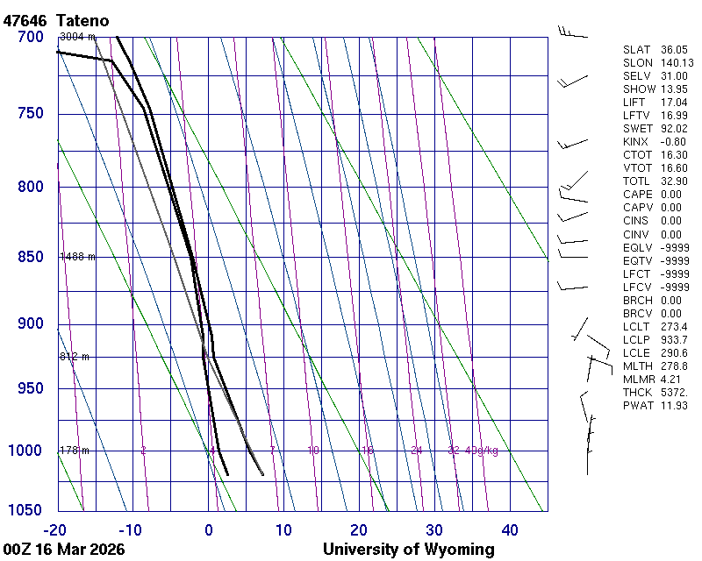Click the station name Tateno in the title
pos(85,20)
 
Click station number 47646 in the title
pos(25,20)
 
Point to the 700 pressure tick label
pos(30,37)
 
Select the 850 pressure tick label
pos(30,257)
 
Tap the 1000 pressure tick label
pos(25,451)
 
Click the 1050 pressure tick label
pos(25,511)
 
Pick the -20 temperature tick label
pos(55,529)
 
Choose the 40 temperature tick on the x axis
pos(510,529)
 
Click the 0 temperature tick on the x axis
pos(208,529)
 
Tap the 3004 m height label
pos(76,37)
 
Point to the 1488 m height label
pos(76,257)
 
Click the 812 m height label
pos(74,357)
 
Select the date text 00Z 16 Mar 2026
pos(63,550)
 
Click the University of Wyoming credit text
pos(408,550)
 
